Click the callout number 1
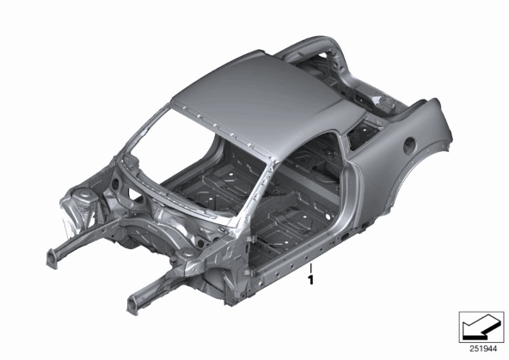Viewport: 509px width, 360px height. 311,279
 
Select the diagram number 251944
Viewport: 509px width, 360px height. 483,349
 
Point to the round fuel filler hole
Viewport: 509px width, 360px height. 410,145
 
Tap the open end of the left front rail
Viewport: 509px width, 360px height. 52,259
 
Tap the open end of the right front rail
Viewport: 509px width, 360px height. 134,304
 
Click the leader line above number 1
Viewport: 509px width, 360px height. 311,269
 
